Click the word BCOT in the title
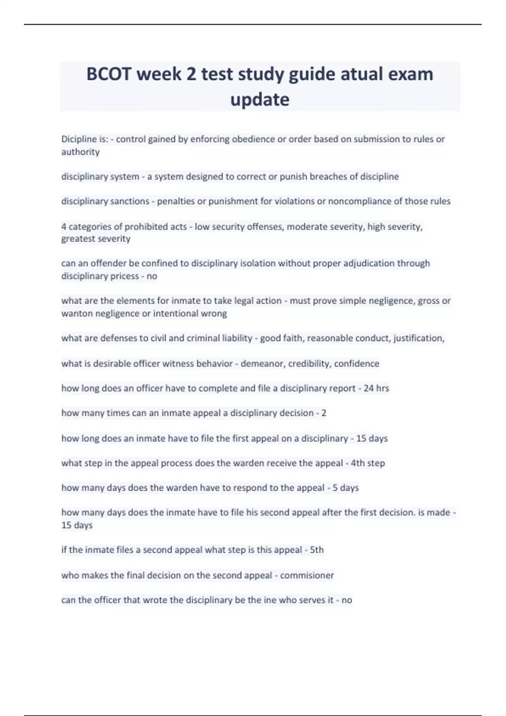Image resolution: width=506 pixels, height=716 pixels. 108,74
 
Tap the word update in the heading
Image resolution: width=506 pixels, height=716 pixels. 260,100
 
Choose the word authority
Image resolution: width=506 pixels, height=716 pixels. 81,152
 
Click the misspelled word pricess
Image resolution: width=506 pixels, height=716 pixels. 125,276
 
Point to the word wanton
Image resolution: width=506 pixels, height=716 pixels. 77,313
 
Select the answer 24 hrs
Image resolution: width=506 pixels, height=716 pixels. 376,388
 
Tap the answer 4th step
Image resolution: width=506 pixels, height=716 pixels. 368,463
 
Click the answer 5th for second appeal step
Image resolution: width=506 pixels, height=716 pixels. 317,550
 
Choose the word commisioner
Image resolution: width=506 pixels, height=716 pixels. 307,575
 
